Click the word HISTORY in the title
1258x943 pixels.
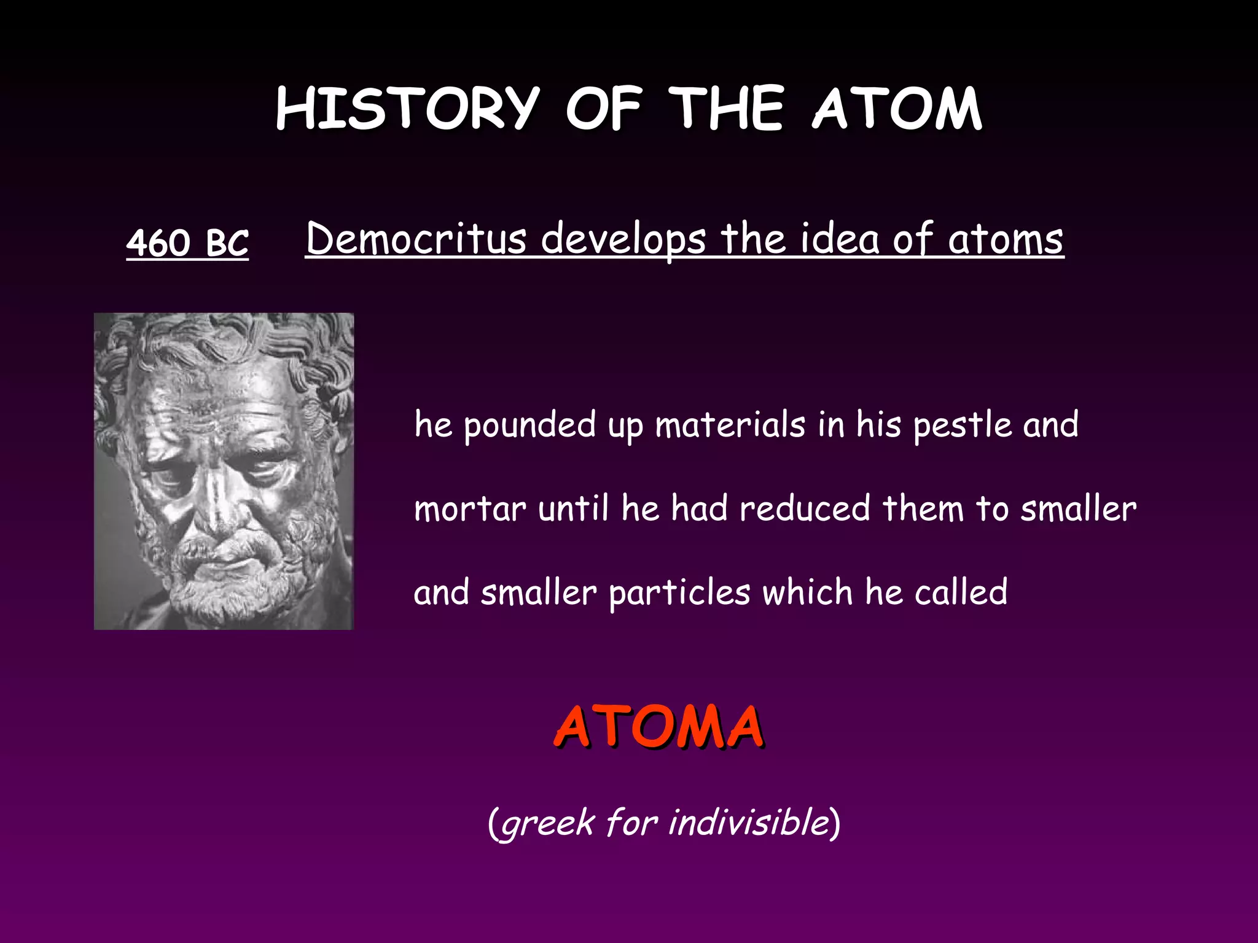pos(407,109)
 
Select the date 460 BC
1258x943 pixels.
pos(187,242)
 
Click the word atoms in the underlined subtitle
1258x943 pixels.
pos(1005,239)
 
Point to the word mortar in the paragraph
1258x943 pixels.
pos(470,509)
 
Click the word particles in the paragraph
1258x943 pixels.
pos(679,593)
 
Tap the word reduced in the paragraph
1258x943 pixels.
pos(805,509)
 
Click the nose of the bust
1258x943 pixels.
pos(216,503)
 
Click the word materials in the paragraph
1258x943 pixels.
pos(730,425)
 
